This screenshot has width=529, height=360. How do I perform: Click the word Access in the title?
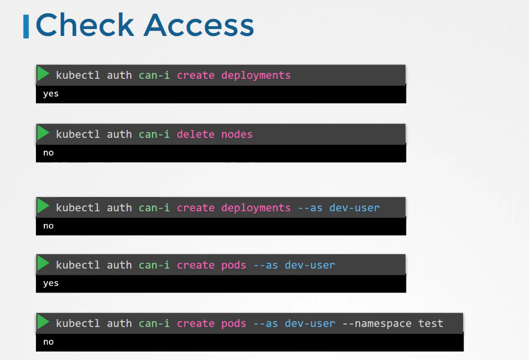pos(198,25)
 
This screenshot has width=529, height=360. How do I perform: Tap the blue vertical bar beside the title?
pos(26,27)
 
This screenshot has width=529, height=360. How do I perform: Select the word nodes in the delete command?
pos(237,134)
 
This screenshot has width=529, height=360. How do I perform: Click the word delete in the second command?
pos(195,134)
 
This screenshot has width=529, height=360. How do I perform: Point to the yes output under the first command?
pos(51,94)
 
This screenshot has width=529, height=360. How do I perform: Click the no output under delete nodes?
pos(48,153)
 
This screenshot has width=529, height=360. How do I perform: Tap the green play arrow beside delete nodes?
pos(43,133)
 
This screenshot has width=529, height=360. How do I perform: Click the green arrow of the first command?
pos(43,74)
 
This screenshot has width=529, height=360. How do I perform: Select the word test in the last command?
pos(431,323)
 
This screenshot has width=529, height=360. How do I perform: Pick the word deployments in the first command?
pos(256,75)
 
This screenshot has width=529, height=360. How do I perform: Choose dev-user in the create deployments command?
pos(354,208)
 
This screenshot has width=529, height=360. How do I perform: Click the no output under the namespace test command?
pos(48,342)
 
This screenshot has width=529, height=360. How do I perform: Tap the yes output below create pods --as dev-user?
pos(51,283)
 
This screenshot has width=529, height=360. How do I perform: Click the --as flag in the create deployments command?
pos(310,208)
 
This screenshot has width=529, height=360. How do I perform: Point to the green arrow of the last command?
pos(43,322)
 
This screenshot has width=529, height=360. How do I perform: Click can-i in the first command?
pos(154,75)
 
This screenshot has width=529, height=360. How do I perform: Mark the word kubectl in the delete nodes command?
pos(78,134)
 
